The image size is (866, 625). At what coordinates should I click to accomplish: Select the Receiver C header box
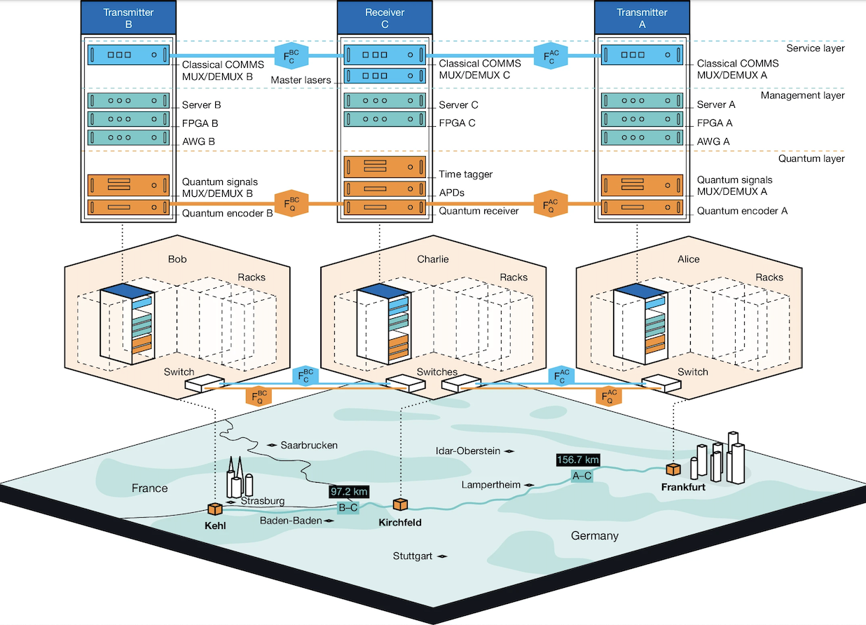[384, 18]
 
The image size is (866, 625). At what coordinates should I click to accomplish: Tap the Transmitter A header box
[641, 18]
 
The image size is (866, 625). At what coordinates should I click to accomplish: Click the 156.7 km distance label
[577, 460]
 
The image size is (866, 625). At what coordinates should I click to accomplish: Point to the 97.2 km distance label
[349, 492]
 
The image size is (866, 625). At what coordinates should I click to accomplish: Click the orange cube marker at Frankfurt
[673, 469]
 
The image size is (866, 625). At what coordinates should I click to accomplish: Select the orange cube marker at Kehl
[214, 509]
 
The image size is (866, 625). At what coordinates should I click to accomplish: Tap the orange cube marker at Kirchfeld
[400, 504]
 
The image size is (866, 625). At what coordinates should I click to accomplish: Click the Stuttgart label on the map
[413, 556]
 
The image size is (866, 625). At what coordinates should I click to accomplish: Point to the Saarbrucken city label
[309, 445]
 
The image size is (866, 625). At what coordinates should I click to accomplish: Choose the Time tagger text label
[465, 174]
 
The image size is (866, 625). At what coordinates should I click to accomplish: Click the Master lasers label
[301, 81]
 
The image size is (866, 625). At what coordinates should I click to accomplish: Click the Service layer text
[815, 48]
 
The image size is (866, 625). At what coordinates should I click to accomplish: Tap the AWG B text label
[198, 141]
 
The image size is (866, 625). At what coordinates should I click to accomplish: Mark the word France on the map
[149, 488]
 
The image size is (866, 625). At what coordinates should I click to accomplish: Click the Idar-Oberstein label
[467, 451]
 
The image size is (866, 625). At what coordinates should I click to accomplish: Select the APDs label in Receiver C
[452, 192]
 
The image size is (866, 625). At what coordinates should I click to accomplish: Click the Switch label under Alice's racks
[692, 372]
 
